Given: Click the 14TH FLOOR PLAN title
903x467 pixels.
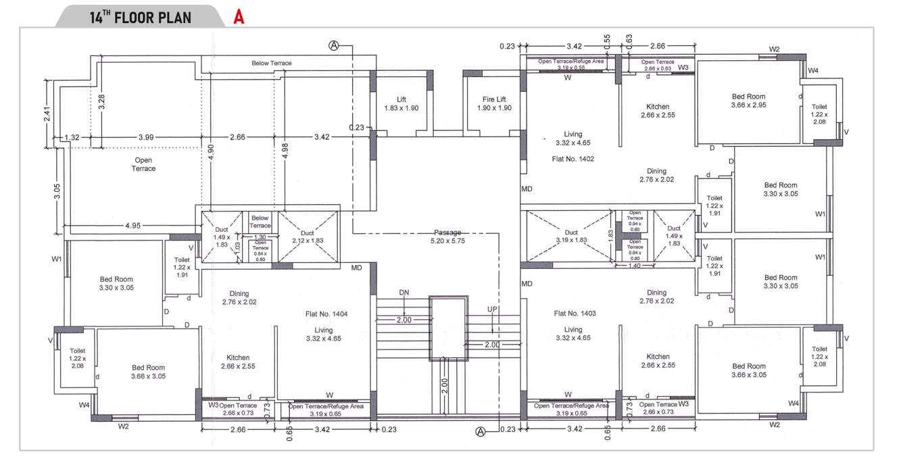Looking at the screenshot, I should pos(140,18).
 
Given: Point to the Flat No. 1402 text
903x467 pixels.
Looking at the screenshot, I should pos(573,159).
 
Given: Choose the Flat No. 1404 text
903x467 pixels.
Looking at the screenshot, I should pos(326,314).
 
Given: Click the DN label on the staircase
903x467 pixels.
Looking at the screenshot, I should pos(404,293).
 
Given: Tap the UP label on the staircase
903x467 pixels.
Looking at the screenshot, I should pos(493,310).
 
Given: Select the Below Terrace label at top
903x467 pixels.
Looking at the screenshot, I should pos(272,63).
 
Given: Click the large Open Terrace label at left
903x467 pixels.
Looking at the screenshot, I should pos(143,164).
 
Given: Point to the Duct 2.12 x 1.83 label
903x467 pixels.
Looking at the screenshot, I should pos(308,237).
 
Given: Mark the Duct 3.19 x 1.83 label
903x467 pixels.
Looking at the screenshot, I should pos(571,236).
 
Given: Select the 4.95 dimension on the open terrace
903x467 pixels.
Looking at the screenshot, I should pos(132,226).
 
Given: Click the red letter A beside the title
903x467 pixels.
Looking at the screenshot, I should pos(239,18).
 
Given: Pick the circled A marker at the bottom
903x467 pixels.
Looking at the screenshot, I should pos(481,431).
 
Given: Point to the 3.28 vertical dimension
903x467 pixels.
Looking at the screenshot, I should pos(101,103).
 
